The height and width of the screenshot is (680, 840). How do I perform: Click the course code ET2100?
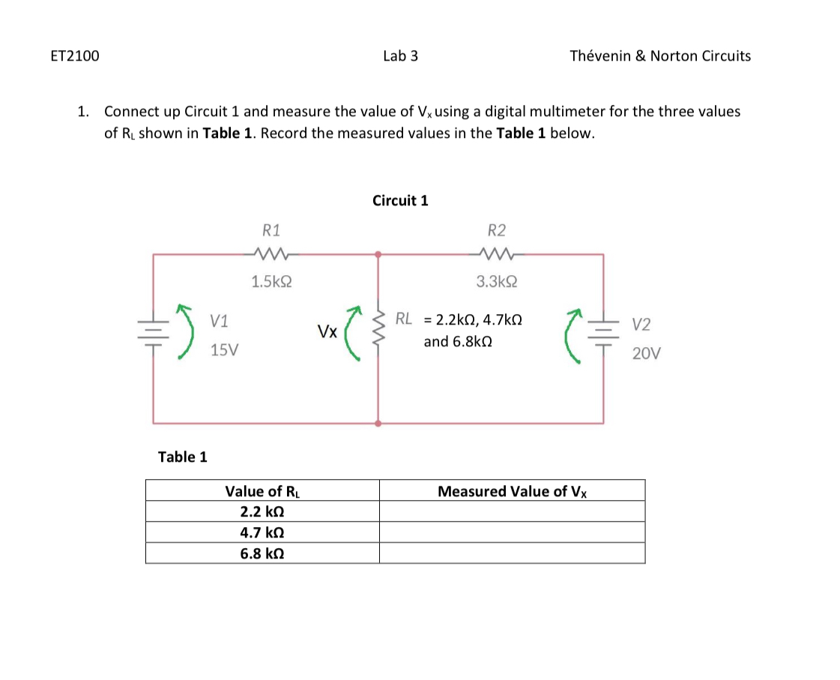click(75, 56)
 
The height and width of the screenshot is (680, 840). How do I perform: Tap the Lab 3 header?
click(400, 56)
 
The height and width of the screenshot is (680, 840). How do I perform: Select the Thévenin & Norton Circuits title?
click(659, 56)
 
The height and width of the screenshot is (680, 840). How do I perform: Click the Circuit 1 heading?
click(400, 201)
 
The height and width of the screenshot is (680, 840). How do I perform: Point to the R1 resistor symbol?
click(271, 253)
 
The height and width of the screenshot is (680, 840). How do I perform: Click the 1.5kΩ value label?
click(271, 282)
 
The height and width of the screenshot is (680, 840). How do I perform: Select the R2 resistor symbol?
click(496, 253)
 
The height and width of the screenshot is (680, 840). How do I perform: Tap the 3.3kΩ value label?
click(496, 282)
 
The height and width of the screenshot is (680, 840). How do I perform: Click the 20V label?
click(646, 353)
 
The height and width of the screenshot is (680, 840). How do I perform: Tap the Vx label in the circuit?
click(327, 331)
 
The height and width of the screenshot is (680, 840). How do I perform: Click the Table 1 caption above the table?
click(183, 457)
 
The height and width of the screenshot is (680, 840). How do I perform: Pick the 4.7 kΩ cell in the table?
click(262, 533)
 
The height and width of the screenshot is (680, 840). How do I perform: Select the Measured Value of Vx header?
click(512, 492)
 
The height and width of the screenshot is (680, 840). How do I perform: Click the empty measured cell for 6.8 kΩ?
click(512, 554)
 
